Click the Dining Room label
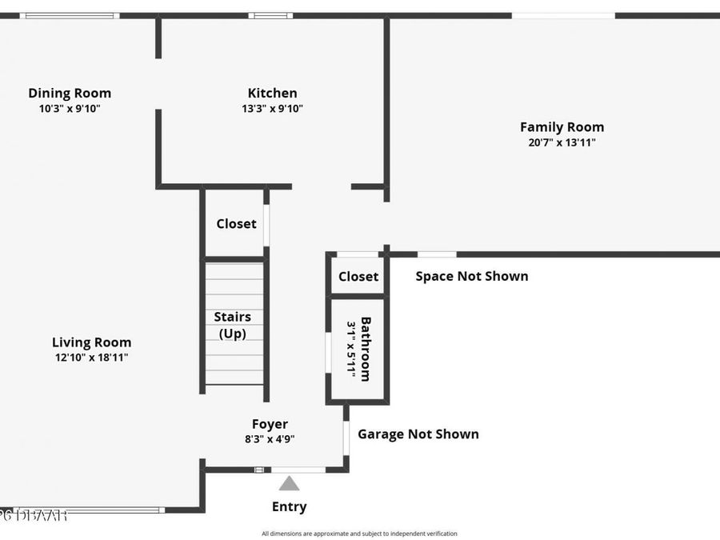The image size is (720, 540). point(70,93)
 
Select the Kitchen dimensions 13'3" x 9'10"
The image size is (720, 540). point(272,109)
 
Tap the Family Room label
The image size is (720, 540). point(562,126)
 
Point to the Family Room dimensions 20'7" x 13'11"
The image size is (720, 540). point(562,143)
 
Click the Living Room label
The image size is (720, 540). point(91,342)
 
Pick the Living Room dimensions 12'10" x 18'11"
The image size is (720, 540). point(91,358)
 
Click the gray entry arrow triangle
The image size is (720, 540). point(289,483)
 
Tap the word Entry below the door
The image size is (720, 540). point(289,506)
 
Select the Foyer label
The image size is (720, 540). point(270,424)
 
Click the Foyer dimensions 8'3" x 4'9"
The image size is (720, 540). point(270,438)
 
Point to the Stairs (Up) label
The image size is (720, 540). point(232,325)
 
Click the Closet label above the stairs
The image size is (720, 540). point(236,223)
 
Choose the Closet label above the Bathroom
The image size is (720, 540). point(358,276)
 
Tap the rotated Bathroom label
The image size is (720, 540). point(366,349)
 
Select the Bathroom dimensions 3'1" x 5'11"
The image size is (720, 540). point(350,349)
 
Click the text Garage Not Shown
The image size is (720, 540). point(418,434)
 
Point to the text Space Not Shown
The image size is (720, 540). point(471,276)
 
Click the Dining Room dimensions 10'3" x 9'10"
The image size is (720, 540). point(70,109)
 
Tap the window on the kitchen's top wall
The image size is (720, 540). point(270,15)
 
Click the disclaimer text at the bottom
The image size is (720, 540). point(359,534)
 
